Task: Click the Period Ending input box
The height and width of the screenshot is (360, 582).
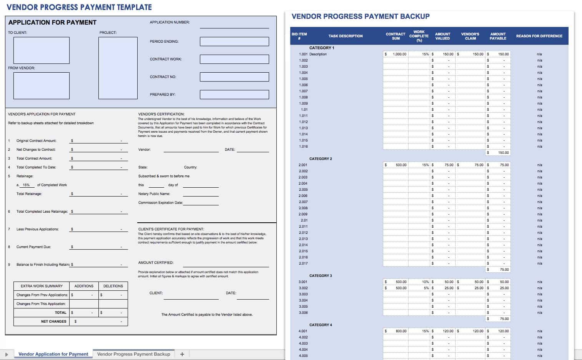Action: click(234, 42)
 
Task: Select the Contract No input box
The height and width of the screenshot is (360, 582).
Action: click(234, 77)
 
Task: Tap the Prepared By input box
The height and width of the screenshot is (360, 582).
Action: click(234, 95)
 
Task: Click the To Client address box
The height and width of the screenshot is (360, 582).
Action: click(42, 50)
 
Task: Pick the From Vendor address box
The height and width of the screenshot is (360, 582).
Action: click(42, 86)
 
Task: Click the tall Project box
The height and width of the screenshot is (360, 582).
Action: click(118, 68)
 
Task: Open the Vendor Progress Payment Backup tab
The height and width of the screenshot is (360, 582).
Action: click(133, 354)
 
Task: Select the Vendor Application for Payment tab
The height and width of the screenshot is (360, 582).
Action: click(53, 354)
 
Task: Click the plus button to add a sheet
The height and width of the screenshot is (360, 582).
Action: click(182, 354)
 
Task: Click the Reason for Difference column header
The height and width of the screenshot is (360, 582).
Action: click(539, 36)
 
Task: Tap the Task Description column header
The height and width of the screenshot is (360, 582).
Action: click(345, 36)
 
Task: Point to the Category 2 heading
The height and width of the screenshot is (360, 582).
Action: click(321, 159)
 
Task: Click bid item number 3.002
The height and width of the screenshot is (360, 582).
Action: click(303, 288)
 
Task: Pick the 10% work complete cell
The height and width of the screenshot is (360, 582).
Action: click(420, 282)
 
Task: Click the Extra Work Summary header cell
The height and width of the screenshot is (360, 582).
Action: click(42, 286)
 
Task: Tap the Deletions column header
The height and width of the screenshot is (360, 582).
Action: click(113, 286)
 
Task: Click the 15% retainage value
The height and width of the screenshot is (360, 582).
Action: click(26, 185)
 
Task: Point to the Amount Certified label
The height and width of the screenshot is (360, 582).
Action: click(156, 263)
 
